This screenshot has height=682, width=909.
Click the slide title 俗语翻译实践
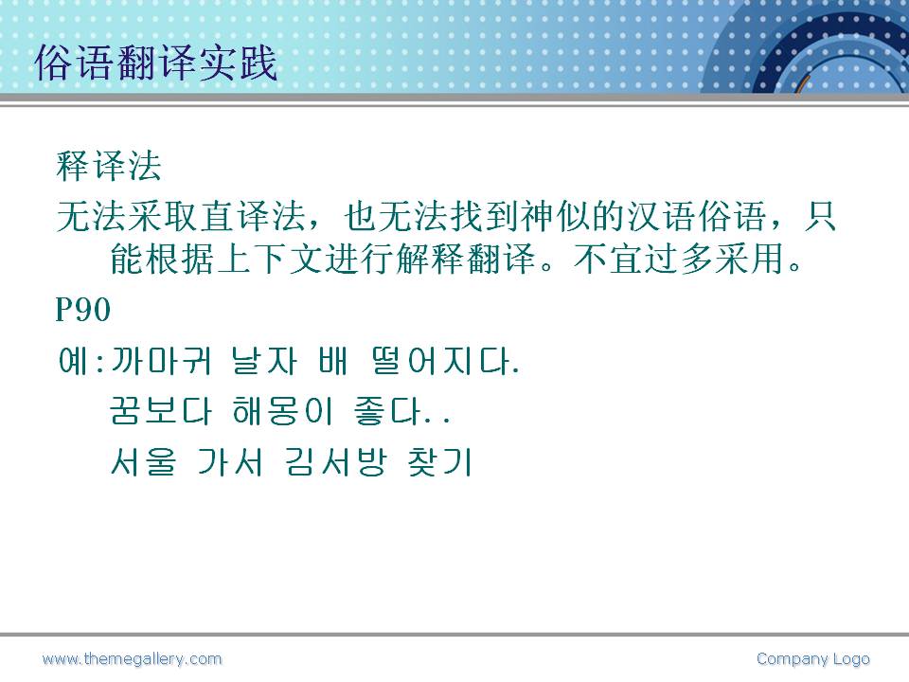point(156,63)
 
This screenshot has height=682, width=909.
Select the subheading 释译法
point(108,166)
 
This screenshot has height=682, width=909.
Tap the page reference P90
point(83,309)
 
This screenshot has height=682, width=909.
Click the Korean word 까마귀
point(161,361)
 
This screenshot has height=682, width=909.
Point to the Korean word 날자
point(264,361)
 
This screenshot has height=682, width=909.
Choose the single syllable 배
point(333,361)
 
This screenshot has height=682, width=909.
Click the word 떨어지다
point(445,361)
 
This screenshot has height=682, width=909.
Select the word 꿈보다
point(161,411)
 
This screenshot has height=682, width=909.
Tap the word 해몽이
point(282,411)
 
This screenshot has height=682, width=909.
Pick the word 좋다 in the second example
point(387,411)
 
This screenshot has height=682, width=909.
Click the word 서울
point(143,462)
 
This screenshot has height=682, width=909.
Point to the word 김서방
point(335,462)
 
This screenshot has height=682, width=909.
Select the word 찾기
point(440,462)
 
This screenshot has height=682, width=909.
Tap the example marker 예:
point(81,361)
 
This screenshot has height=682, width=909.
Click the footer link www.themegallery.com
point(133,659)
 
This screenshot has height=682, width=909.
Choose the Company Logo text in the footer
point(812,659)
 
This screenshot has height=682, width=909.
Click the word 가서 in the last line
point(230,462)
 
